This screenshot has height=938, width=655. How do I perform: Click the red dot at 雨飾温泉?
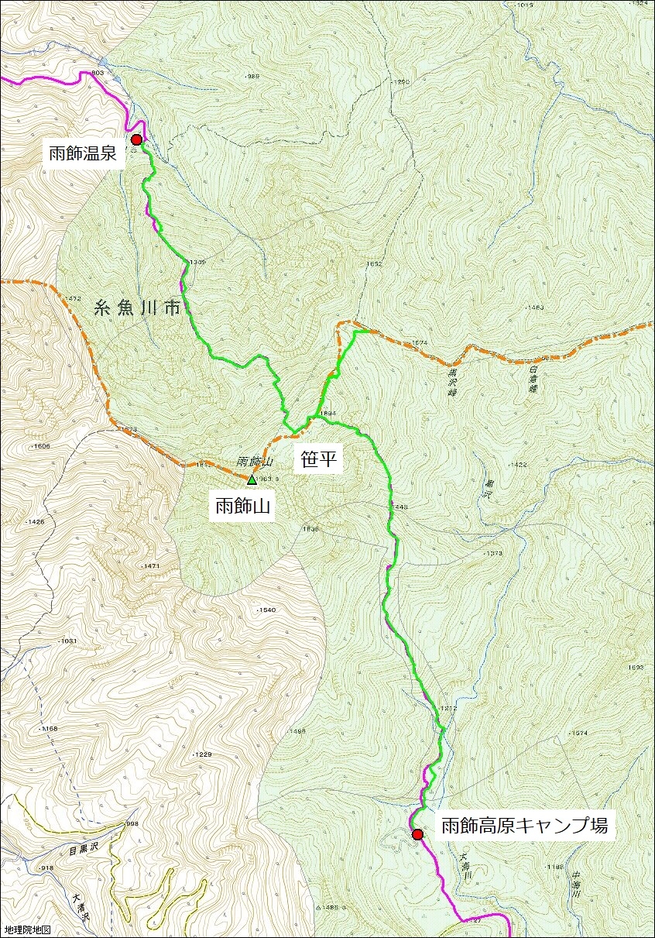137,139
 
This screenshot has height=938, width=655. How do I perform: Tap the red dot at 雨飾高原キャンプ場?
417,834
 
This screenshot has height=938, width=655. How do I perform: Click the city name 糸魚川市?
136,308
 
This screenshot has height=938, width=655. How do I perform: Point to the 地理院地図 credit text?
27,929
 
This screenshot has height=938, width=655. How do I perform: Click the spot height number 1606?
41,446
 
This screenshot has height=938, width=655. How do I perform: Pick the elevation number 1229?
202,754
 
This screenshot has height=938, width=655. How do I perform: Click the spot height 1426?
36,522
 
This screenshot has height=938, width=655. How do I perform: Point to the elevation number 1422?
518,465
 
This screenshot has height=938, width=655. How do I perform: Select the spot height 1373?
494,554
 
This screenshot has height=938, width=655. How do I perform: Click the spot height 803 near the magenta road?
98,73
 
